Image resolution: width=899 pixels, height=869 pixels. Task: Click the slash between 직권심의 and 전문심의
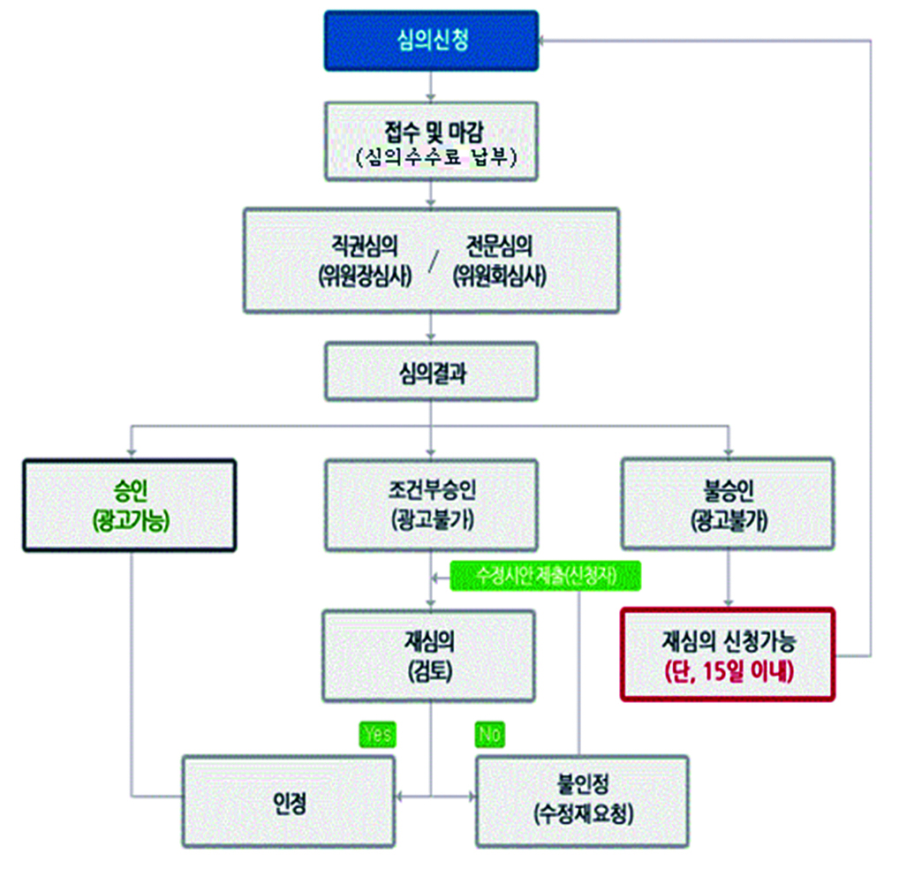432,262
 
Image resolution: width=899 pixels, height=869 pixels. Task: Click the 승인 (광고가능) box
129,505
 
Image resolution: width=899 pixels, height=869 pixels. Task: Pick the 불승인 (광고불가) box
728,505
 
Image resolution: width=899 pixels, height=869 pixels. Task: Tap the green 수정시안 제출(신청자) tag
545,576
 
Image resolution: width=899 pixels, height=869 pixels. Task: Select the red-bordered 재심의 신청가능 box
728,654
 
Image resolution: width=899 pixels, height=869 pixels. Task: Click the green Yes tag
377,734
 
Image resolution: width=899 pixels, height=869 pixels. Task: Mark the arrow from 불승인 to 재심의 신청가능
728,579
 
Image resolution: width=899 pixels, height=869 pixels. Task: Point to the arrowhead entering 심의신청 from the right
547,40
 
